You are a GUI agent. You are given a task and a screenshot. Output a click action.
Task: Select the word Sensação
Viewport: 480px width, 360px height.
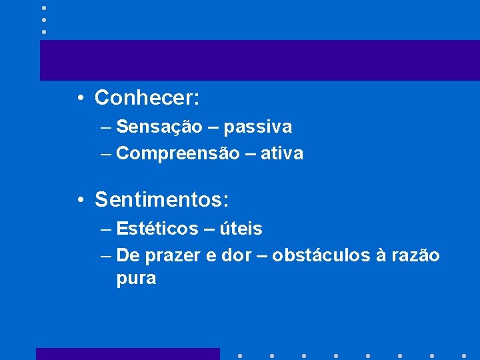159,126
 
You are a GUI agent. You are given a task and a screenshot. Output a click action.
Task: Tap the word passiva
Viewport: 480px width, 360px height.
258,126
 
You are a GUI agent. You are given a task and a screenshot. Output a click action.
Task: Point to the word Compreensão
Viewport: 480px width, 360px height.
177,153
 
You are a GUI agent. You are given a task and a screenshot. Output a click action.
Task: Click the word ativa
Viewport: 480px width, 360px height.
282,153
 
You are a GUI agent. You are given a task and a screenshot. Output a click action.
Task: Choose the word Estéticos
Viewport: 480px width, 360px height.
157,229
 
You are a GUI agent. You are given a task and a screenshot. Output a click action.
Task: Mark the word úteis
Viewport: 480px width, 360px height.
243,229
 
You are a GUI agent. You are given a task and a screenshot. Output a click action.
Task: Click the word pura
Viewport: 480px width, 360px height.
136,279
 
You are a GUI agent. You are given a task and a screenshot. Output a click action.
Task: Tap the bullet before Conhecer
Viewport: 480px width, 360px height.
79,99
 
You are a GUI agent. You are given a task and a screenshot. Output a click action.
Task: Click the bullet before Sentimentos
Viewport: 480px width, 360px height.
79,199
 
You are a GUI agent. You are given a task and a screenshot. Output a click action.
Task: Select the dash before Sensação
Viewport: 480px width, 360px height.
107,127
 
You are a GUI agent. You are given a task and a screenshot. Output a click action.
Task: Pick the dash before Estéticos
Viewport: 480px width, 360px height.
107,229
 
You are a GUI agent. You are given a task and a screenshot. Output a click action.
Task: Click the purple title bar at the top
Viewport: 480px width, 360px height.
260,60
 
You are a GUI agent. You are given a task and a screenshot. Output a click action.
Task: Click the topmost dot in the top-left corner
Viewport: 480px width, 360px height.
43,8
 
